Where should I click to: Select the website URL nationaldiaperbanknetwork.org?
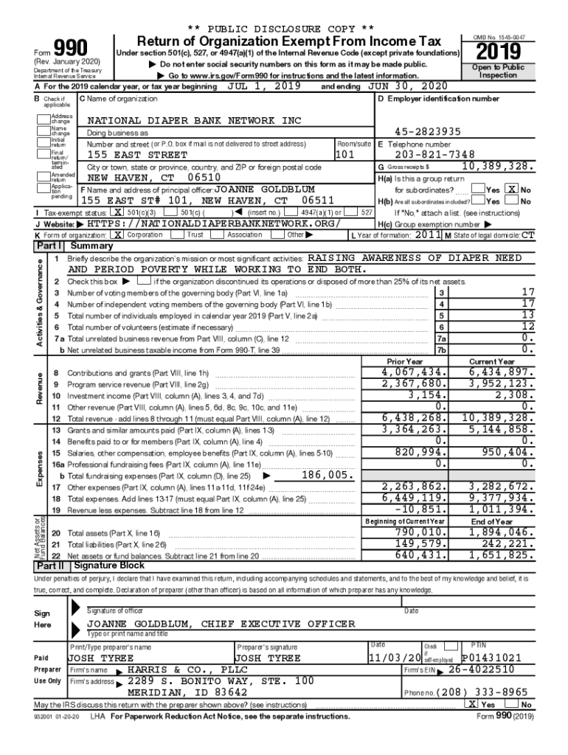(213, 223)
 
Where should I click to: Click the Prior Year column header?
(405, 362)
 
